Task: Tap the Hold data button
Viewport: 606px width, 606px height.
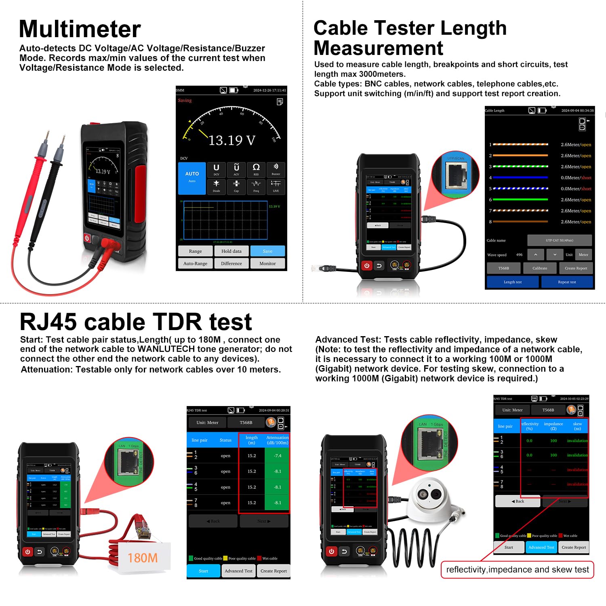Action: pyautogui.click(x=231, y=251)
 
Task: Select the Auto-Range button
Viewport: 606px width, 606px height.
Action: pyautogui.click(x=195, y=263)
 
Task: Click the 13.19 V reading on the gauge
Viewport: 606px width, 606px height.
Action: pyautogui.click(x=232, y=140)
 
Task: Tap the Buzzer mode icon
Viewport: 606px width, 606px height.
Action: pyautogui.click(x=276, y=169)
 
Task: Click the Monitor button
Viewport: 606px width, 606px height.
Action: pyautogui.click(x=267, y=263)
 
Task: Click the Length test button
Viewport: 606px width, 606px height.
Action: pyautogui.click(x=512, y=282)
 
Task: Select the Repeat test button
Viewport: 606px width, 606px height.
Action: pyautogui.click(x=567, y=282)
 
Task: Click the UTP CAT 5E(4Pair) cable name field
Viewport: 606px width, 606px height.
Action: pyautogui.click(x=559, y=240)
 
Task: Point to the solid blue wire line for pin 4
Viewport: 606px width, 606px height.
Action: pyautogui.click(x=520, y=177)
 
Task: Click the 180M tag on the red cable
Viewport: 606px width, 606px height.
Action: pyautogui.click(x=143, y=558)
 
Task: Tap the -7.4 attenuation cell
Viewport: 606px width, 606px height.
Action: pyautogui.click(x=278, y=456)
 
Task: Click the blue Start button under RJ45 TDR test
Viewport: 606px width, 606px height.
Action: pyautogui.click(x=203, y=571)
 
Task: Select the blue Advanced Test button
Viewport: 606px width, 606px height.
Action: pyautogui.click(x=541, y=547)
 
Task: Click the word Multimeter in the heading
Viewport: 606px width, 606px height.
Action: pyautogui.click(x=80, y=29)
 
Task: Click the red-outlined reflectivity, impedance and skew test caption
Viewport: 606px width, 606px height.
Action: pyautogui.click(x=517, y=570)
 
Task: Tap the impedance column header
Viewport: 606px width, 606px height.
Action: pyautogui.click(x=553, y=426)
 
